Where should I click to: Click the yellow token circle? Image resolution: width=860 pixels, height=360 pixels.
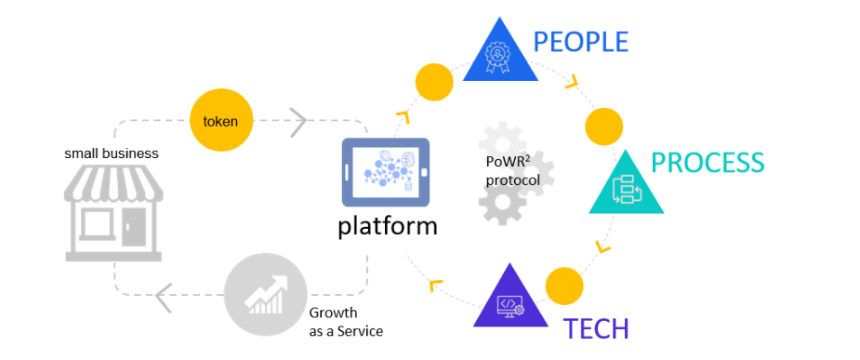point(221,120)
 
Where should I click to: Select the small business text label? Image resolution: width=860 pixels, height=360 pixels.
point(112,153)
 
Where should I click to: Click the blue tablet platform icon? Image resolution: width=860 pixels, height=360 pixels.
point(386,172)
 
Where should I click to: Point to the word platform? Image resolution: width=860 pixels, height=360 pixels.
point(387,226)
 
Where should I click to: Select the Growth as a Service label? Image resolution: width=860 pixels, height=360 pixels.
point(346,322)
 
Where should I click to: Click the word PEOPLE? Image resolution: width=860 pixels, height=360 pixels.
point(580,42)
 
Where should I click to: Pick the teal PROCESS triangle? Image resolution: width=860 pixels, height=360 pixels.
point(626,186)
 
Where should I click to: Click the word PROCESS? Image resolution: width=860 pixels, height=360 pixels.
point(708,163)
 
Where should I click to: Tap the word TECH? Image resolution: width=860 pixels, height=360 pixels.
point(595,328)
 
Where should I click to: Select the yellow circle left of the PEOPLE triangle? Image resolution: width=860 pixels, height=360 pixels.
point(434,82)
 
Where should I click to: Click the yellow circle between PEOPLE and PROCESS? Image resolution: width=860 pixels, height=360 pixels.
point(604,125)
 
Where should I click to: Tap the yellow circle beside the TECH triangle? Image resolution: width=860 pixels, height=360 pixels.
point(563,286)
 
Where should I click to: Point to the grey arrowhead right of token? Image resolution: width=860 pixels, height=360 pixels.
point(298,119)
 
